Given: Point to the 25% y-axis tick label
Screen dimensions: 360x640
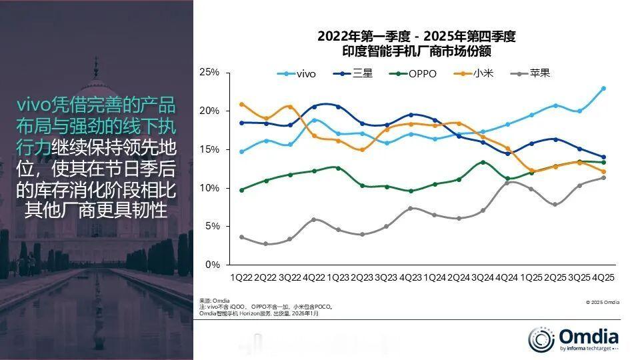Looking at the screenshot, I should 209,72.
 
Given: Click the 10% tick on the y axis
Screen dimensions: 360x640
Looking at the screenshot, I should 209,188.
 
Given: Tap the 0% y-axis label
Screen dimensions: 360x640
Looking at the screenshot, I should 212,265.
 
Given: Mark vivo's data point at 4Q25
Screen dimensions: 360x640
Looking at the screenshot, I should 603,88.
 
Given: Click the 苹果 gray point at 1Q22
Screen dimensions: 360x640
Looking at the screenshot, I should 241,237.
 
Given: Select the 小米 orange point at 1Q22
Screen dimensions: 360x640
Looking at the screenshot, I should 241,104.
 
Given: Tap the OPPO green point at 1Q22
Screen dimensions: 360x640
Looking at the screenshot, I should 241,190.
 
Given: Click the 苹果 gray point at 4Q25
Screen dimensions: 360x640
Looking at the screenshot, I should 603,177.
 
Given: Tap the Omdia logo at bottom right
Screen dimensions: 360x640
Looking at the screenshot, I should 573,339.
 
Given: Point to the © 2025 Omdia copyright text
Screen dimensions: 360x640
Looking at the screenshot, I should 603,302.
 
